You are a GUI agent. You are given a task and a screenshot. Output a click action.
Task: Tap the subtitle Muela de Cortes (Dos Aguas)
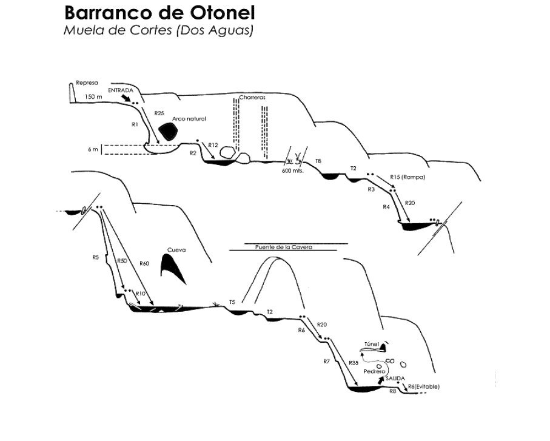coord(158,29)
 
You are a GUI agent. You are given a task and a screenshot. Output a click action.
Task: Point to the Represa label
coord(87,83)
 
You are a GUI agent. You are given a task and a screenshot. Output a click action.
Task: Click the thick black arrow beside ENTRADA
coord(126,97)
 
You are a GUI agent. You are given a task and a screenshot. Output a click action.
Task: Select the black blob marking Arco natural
coord(164,130)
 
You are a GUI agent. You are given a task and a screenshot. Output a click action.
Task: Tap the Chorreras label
coord(252,97)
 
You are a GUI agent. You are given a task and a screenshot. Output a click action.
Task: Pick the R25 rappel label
coord(159,113)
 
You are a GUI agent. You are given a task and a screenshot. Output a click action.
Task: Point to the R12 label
coord(213,145)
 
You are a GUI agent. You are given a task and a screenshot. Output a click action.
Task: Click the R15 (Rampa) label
coord(407,177)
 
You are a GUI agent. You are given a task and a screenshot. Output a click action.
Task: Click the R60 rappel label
coord(144,263)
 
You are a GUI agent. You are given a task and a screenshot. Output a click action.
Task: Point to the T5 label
coord(232,301)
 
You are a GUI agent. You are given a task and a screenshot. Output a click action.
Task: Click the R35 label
coord(355,363)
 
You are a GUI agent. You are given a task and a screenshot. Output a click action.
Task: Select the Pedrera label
coord(372,371)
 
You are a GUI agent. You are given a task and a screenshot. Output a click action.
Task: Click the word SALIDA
coord(395,377)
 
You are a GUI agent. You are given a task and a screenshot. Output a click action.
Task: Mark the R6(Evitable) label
coord(423,386)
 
